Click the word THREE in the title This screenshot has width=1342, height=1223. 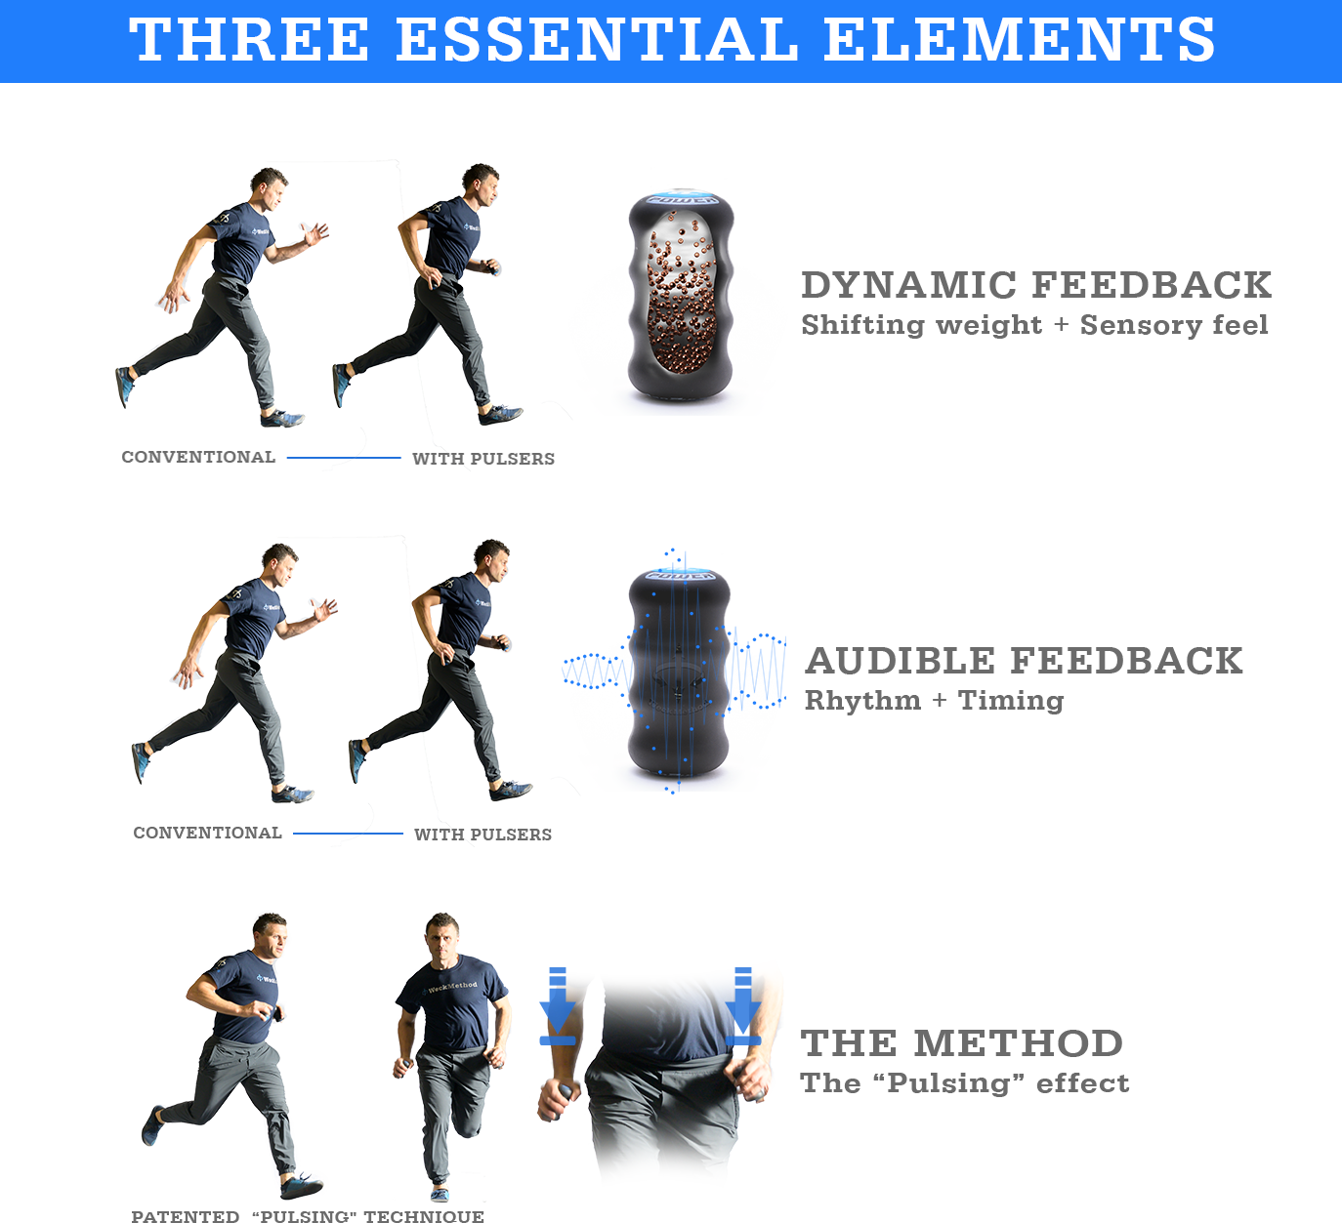point(249,39)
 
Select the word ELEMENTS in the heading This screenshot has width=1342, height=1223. point(1019,39)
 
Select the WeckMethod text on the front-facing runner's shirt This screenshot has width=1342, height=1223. point(452,987)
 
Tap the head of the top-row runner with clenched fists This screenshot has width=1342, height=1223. point(481,183)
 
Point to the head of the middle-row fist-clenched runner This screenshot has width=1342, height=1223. point(491,559)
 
